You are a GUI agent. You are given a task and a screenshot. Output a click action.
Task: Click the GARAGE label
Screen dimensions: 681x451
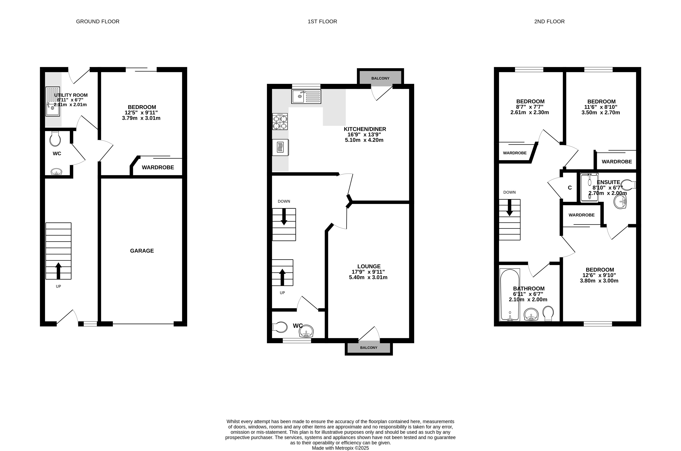142,251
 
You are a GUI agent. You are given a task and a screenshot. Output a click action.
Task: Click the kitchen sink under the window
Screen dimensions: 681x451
306,97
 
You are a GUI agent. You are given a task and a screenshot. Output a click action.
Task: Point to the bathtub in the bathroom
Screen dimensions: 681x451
510,295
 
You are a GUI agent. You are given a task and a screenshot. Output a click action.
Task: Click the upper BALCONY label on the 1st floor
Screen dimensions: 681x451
380,78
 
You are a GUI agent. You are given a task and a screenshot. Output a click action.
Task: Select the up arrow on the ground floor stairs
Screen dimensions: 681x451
58,271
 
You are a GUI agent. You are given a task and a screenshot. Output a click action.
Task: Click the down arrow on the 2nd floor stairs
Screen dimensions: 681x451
509,208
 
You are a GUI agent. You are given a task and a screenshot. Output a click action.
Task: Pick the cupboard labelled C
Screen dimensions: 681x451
570,187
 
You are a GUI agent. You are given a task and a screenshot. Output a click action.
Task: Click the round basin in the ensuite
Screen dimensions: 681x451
620,202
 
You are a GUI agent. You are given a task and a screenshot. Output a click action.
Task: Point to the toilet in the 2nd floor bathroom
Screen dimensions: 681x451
548,313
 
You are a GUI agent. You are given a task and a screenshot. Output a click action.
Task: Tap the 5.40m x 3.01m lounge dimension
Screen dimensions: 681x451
368,278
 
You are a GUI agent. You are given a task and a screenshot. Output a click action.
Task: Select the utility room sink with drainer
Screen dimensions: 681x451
53,101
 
